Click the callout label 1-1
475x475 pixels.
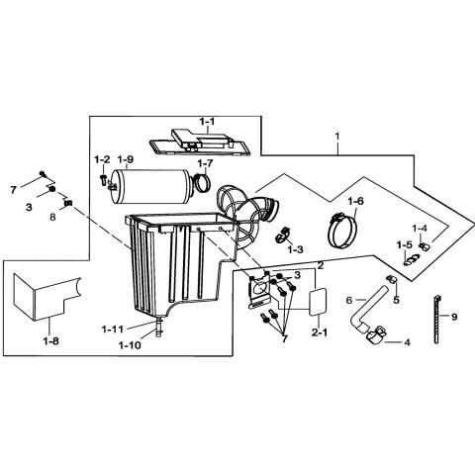coord(206,123)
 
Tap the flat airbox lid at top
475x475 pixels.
coord(199,141)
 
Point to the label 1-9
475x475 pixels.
coord(125,159)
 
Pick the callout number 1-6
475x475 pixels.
coord(355,201)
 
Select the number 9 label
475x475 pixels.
coord(454,318)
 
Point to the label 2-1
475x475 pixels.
coord(321,334)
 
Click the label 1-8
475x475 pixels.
coord(50,341)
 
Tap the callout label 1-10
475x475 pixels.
coord(129,344)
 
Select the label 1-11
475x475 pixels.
coord(113,329)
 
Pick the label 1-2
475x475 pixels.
coord(102,159)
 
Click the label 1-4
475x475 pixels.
coord(419,229)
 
